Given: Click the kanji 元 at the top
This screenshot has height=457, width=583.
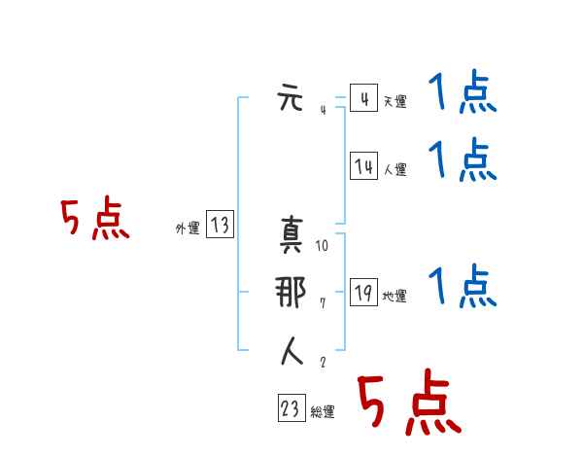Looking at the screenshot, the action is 291,99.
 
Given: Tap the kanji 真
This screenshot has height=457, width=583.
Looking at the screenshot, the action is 291,236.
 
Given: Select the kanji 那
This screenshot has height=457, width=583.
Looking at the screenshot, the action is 291,294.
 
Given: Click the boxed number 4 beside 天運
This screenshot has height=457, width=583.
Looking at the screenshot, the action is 363,99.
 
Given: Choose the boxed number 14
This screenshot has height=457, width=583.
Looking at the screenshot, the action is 363,167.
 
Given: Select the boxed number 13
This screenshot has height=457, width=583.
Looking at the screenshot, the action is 220,226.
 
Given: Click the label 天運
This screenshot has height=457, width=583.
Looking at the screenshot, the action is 394,101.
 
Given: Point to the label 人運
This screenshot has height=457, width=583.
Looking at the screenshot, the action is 394,169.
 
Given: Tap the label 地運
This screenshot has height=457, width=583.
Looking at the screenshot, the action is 394,296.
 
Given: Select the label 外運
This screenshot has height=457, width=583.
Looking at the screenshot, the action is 187,228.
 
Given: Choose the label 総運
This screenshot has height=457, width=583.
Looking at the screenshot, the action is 323,412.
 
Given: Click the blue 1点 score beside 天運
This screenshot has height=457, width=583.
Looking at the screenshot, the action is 463,95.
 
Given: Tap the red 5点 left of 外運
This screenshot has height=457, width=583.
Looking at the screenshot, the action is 94,220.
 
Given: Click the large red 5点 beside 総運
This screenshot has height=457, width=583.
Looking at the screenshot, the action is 408,404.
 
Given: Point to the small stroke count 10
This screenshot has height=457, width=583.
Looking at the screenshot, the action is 323,246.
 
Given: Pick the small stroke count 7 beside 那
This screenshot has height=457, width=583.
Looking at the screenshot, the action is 323,303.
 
